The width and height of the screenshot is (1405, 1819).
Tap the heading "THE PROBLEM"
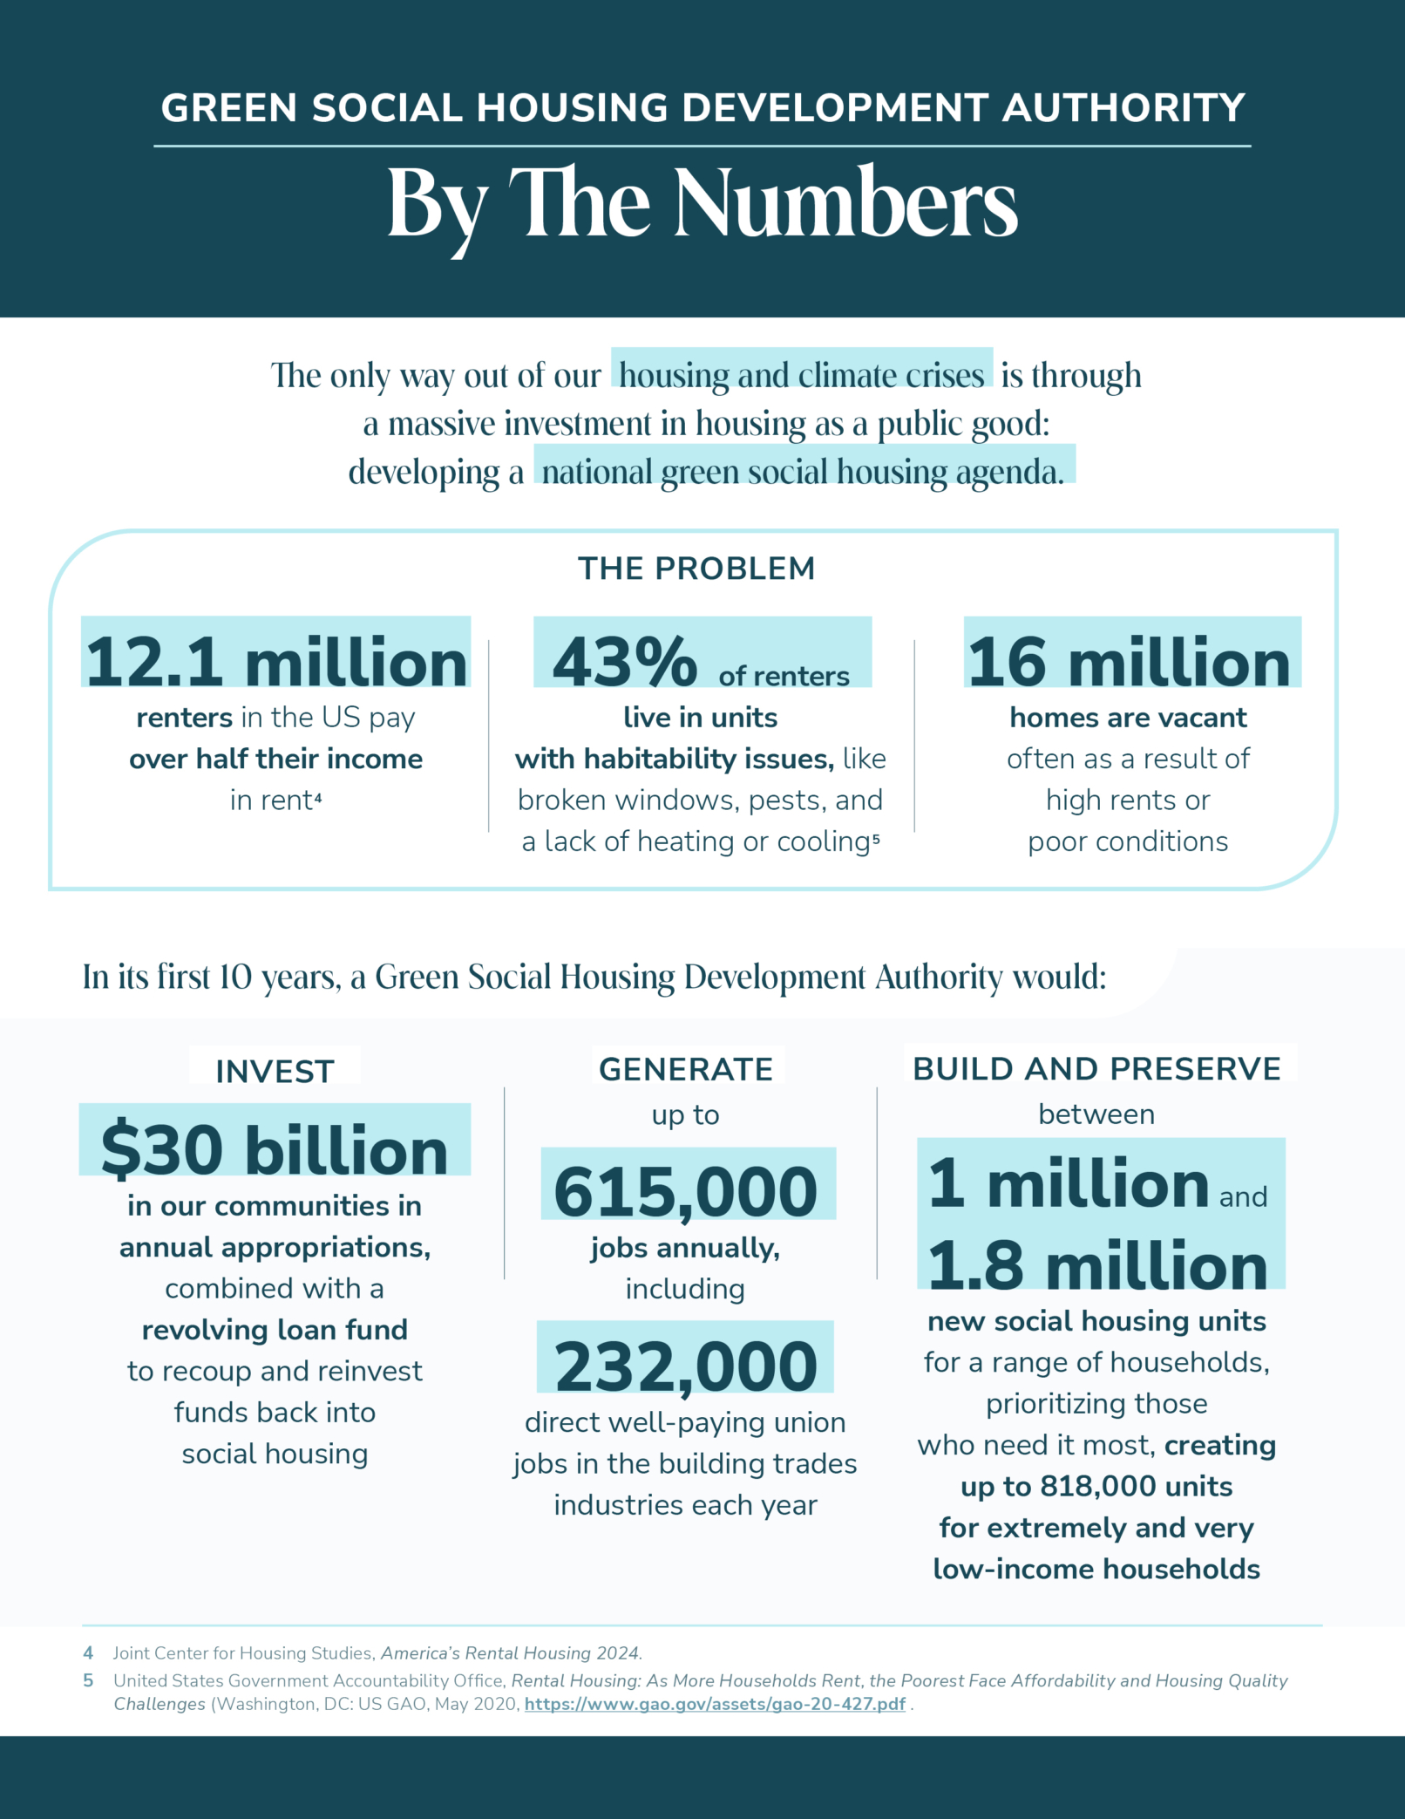pos(696,569)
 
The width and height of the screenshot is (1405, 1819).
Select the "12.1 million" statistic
pos(276,662)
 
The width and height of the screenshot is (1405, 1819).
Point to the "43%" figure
pos(625,662)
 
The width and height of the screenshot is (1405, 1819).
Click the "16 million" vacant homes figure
pos(1130,662)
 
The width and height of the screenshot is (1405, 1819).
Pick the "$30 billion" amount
pos(275,1150)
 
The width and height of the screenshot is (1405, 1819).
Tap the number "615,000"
pos(686,1192)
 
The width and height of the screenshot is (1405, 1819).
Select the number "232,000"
pos(686,1366)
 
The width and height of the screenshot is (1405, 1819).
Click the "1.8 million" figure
pos(1097,1266)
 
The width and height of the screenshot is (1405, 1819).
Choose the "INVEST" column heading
pos(275,1072)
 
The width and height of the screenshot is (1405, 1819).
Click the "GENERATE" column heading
pos(686,1069)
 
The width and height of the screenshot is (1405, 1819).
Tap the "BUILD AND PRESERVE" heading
pos(1096,1069)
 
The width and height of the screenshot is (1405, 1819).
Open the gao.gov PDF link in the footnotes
pos(715,1704)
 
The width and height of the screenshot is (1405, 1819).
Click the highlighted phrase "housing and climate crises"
pos(801,375)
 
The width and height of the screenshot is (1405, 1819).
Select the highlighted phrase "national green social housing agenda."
pos(803,472)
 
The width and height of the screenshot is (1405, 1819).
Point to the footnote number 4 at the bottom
pos(88,1653)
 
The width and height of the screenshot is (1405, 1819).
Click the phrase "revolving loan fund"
pos(275,1330)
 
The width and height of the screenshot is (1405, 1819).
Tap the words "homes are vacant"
pos(1128,718)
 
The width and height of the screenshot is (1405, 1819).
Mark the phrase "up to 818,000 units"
pos(1096,1487)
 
